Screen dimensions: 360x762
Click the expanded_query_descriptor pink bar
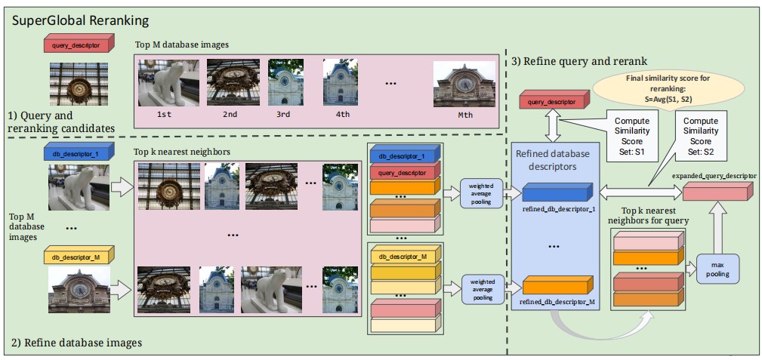[717, 192]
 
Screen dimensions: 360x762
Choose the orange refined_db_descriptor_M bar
[557, 286]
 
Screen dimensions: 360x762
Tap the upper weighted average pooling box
[481, 192]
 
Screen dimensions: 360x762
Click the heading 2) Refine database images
[76, 343]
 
